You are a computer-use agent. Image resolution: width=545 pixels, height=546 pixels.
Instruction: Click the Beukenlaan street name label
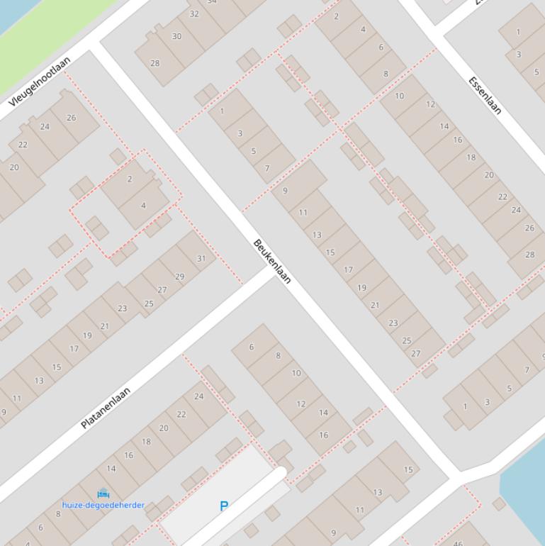[272, 262]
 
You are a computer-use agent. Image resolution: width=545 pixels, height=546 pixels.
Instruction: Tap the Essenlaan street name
[485, 95]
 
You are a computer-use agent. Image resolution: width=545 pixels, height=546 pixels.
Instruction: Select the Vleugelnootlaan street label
[40, 82]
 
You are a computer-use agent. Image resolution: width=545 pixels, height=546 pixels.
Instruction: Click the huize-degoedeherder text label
[103, 506]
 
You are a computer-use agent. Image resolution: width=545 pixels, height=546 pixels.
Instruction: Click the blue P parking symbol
[224, 506]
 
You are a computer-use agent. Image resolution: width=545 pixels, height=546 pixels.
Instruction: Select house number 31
[201, 258]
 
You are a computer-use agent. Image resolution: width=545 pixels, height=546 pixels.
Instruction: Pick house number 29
[179, 277]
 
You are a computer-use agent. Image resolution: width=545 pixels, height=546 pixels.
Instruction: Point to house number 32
[194, 14]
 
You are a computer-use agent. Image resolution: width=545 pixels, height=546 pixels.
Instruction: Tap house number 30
[176, 36]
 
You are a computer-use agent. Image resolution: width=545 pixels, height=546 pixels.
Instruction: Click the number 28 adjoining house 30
[154, 63]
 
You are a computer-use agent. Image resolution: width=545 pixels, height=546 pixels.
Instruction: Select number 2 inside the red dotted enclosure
[130, 179]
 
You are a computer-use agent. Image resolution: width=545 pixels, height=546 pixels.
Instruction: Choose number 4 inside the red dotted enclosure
[143, 206]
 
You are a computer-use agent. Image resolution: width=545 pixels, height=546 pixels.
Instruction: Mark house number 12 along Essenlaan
[431, 104]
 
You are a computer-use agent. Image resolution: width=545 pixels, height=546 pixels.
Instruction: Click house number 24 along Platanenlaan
[198, 396]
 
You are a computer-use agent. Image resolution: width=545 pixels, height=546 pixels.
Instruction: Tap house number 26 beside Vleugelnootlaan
[71, 118]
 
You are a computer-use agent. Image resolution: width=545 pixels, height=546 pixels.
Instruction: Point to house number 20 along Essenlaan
[489, 174]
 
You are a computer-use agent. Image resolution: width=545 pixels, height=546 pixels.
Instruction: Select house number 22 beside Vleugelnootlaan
[23, 145]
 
